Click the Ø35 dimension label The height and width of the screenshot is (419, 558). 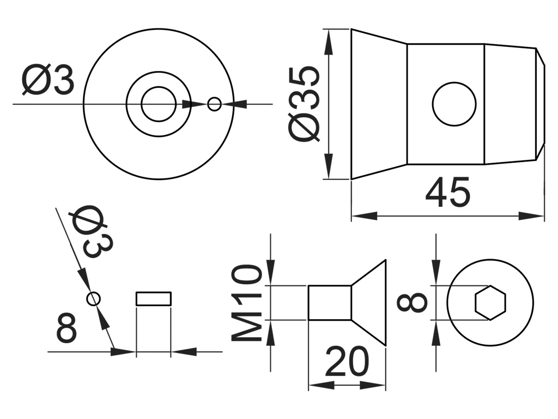point(304,104)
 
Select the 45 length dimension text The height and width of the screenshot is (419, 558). point(447,193)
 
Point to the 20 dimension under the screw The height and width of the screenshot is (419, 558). point(347,362)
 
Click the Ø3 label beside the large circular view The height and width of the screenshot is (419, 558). point(48,81)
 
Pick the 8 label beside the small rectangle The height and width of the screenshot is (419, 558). point(66,328)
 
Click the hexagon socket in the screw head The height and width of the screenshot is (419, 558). point(490,302)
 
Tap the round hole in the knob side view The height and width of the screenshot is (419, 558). point(454,104)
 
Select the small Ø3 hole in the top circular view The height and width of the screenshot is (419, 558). point(215,104)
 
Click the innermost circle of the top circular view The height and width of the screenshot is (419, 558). point(158,104)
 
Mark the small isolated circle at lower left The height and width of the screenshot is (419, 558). point(94,298)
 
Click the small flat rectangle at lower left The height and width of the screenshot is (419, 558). point(154,298)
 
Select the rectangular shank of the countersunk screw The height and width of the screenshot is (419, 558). point(329,302)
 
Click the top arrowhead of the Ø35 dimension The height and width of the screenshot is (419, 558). point(329,41)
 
